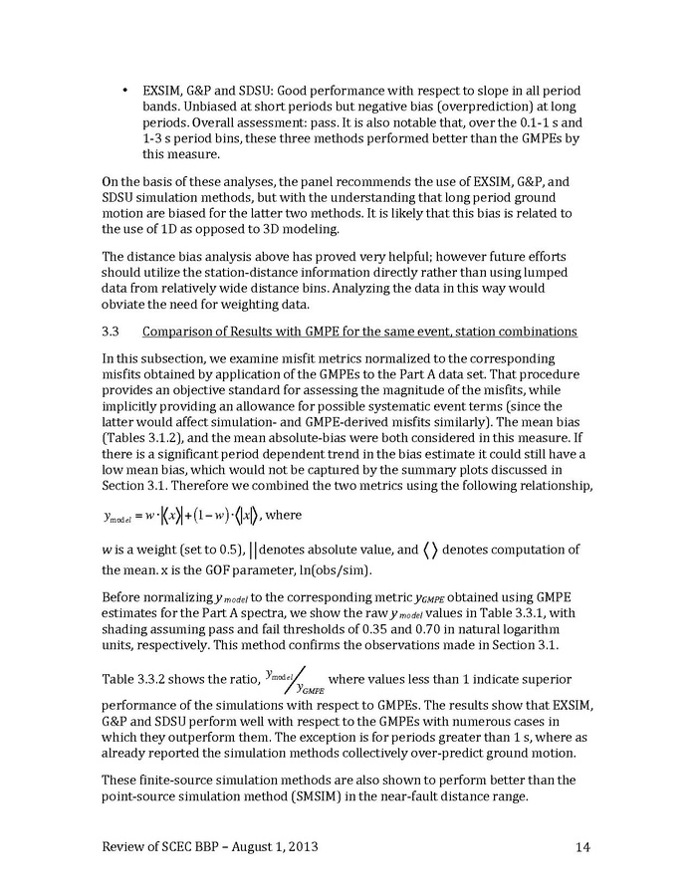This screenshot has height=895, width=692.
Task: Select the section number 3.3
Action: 112,331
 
